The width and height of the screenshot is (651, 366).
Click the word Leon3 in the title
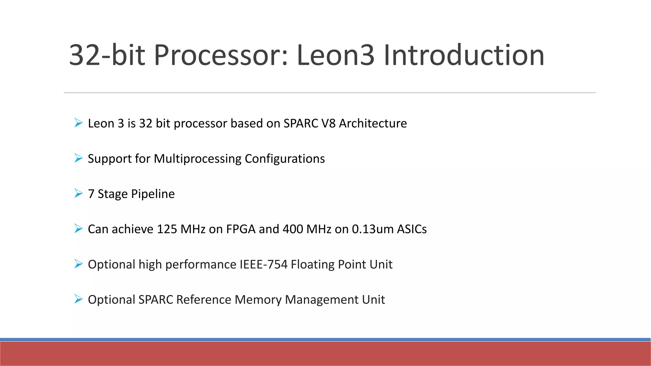[335, 55]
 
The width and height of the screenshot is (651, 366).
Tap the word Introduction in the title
[464, 55]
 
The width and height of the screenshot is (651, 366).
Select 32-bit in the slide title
[107, 55]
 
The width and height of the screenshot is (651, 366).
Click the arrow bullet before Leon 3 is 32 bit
[78, 123]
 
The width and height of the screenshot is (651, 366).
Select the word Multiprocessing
[197, 159]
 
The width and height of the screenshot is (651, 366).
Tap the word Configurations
[284, 159]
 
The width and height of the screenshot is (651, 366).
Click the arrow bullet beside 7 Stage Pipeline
[78, 193]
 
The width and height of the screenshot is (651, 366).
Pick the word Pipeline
[153, 194]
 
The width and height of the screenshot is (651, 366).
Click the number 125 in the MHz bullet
[167, 229]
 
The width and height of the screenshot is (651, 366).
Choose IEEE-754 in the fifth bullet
[264, 264]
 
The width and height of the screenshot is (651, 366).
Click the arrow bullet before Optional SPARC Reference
[78, 299]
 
